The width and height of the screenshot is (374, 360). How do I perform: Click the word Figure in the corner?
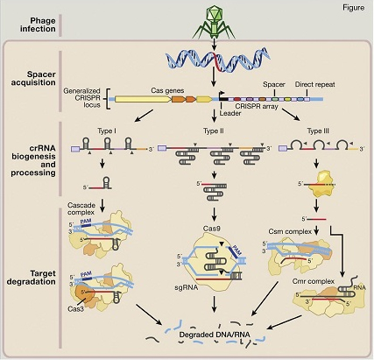pyautogui.click(x=351, y=11)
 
